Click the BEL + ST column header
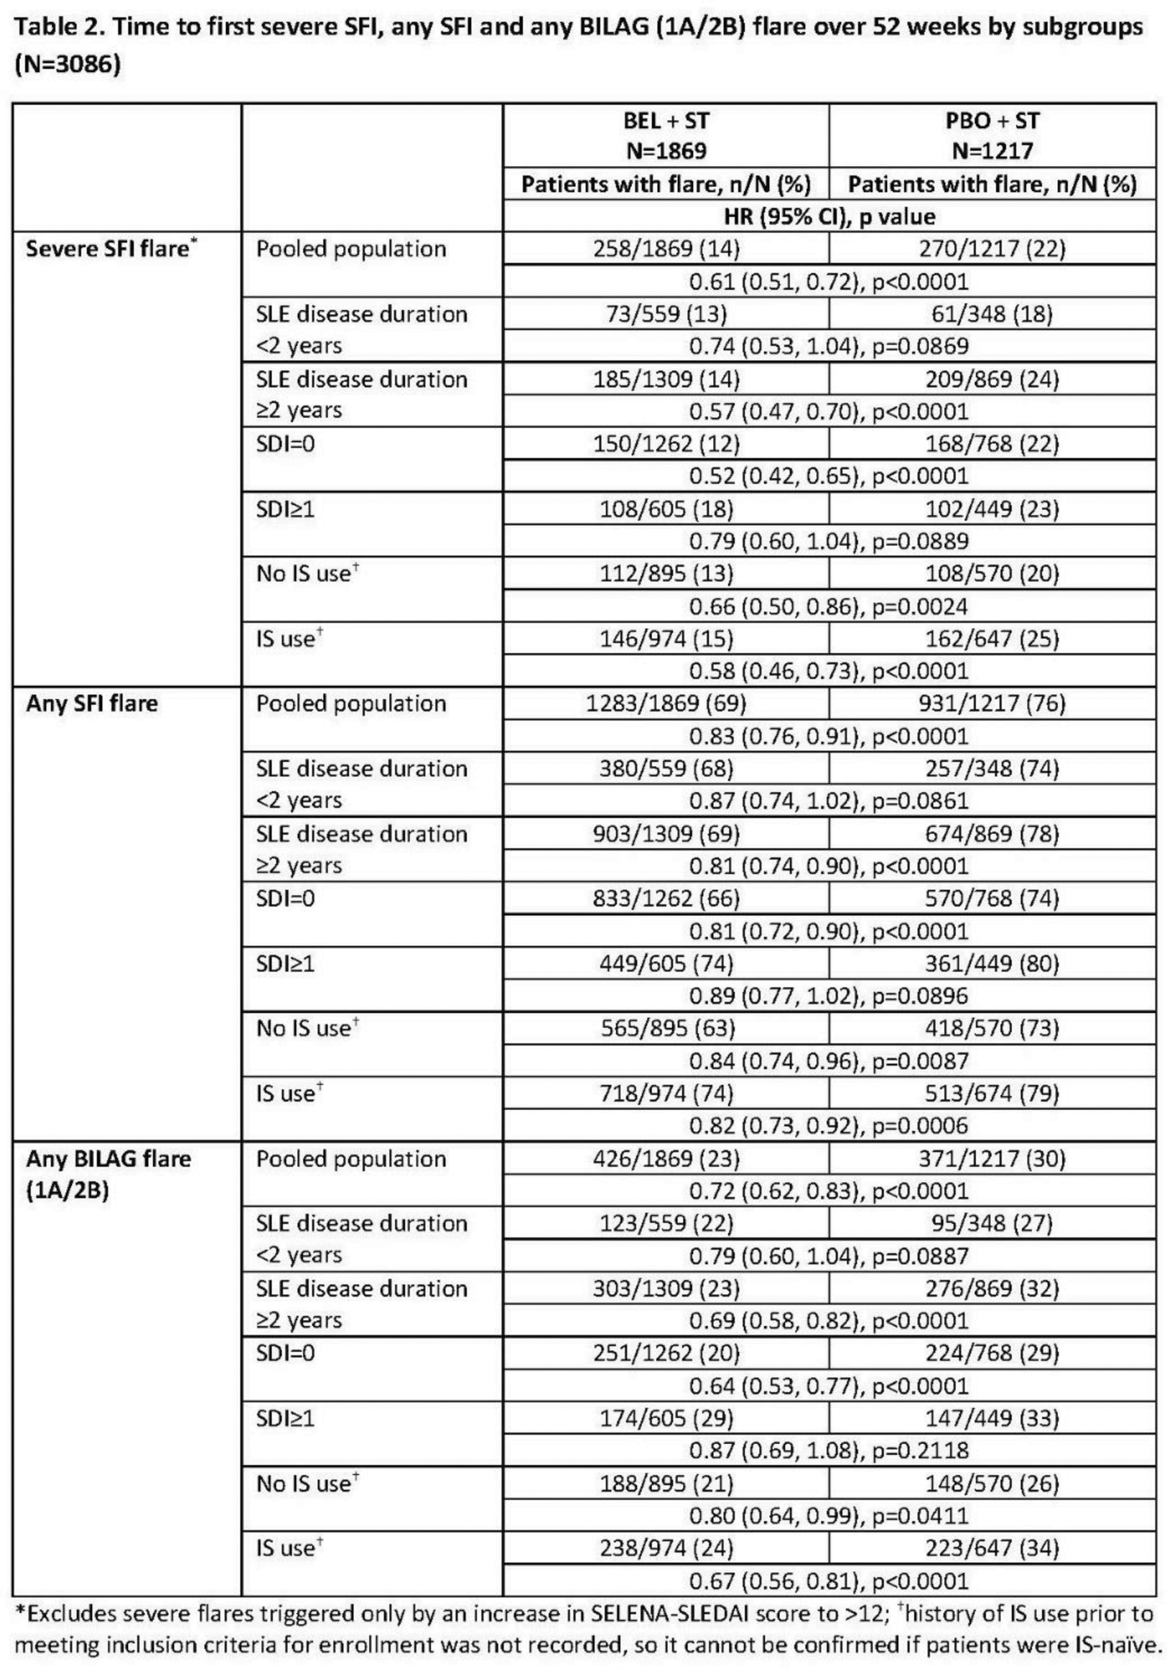(666, 135)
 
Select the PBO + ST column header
(992, 135)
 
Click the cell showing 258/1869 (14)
(666, 249)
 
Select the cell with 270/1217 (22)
(992, 249)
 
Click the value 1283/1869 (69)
(666, 703)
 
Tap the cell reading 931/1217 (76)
(992, 703)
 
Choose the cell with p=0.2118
(829, 1450)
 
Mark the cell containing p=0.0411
(829, 1516)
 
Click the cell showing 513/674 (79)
(992, 1094)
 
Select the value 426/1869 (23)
(666, 1159)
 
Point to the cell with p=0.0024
(829, 606)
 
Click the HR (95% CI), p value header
(829, 217)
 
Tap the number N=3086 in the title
(67, 65)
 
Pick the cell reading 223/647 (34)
(992, 1548)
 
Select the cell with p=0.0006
(829, 1125)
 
